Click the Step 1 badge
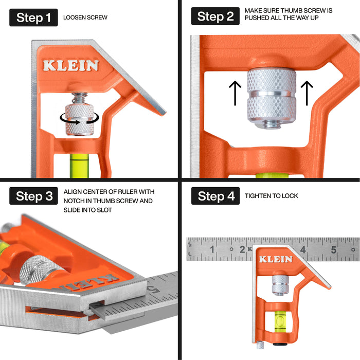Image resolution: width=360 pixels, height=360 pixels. tap(33, 17)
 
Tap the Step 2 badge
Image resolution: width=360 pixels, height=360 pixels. tap(215, 16)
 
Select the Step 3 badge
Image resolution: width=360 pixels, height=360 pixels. tap(33, 196)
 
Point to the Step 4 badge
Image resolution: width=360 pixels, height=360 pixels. tap(215, 196)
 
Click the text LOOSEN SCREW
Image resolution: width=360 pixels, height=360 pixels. tap(85, 17)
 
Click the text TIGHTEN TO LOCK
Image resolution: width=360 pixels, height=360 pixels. tap(272, 196)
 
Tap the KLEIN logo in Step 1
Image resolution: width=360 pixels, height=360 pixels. tap(71, 65)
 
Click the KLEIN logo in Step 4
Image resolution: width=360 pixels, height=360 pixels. tap(276, 259)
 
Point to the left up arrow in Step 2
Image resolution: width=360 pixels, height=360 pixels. tap(235, 93)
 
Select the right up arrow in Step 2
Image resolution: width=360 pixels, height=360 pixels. tap(307, 93)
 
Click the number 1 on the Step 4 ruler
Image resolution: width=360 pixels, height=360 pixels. tap(212, 249)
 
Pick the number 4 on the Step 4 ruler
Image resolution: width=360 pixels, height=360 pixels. tap(303, 249)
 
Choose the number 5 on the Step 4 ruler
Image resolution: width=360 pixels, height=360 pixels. tap(334, 249)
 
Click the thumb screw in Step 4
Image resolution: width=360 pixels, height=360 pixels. tap(280, 285)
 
